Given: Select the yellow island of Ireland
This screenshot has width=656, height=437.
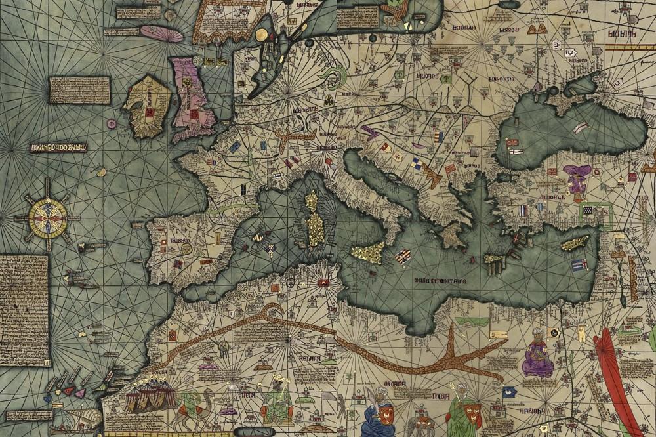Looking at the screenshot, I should [148, 108].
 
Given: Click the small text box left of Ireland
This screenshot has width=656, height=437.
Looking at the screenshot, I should [79, 90].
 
